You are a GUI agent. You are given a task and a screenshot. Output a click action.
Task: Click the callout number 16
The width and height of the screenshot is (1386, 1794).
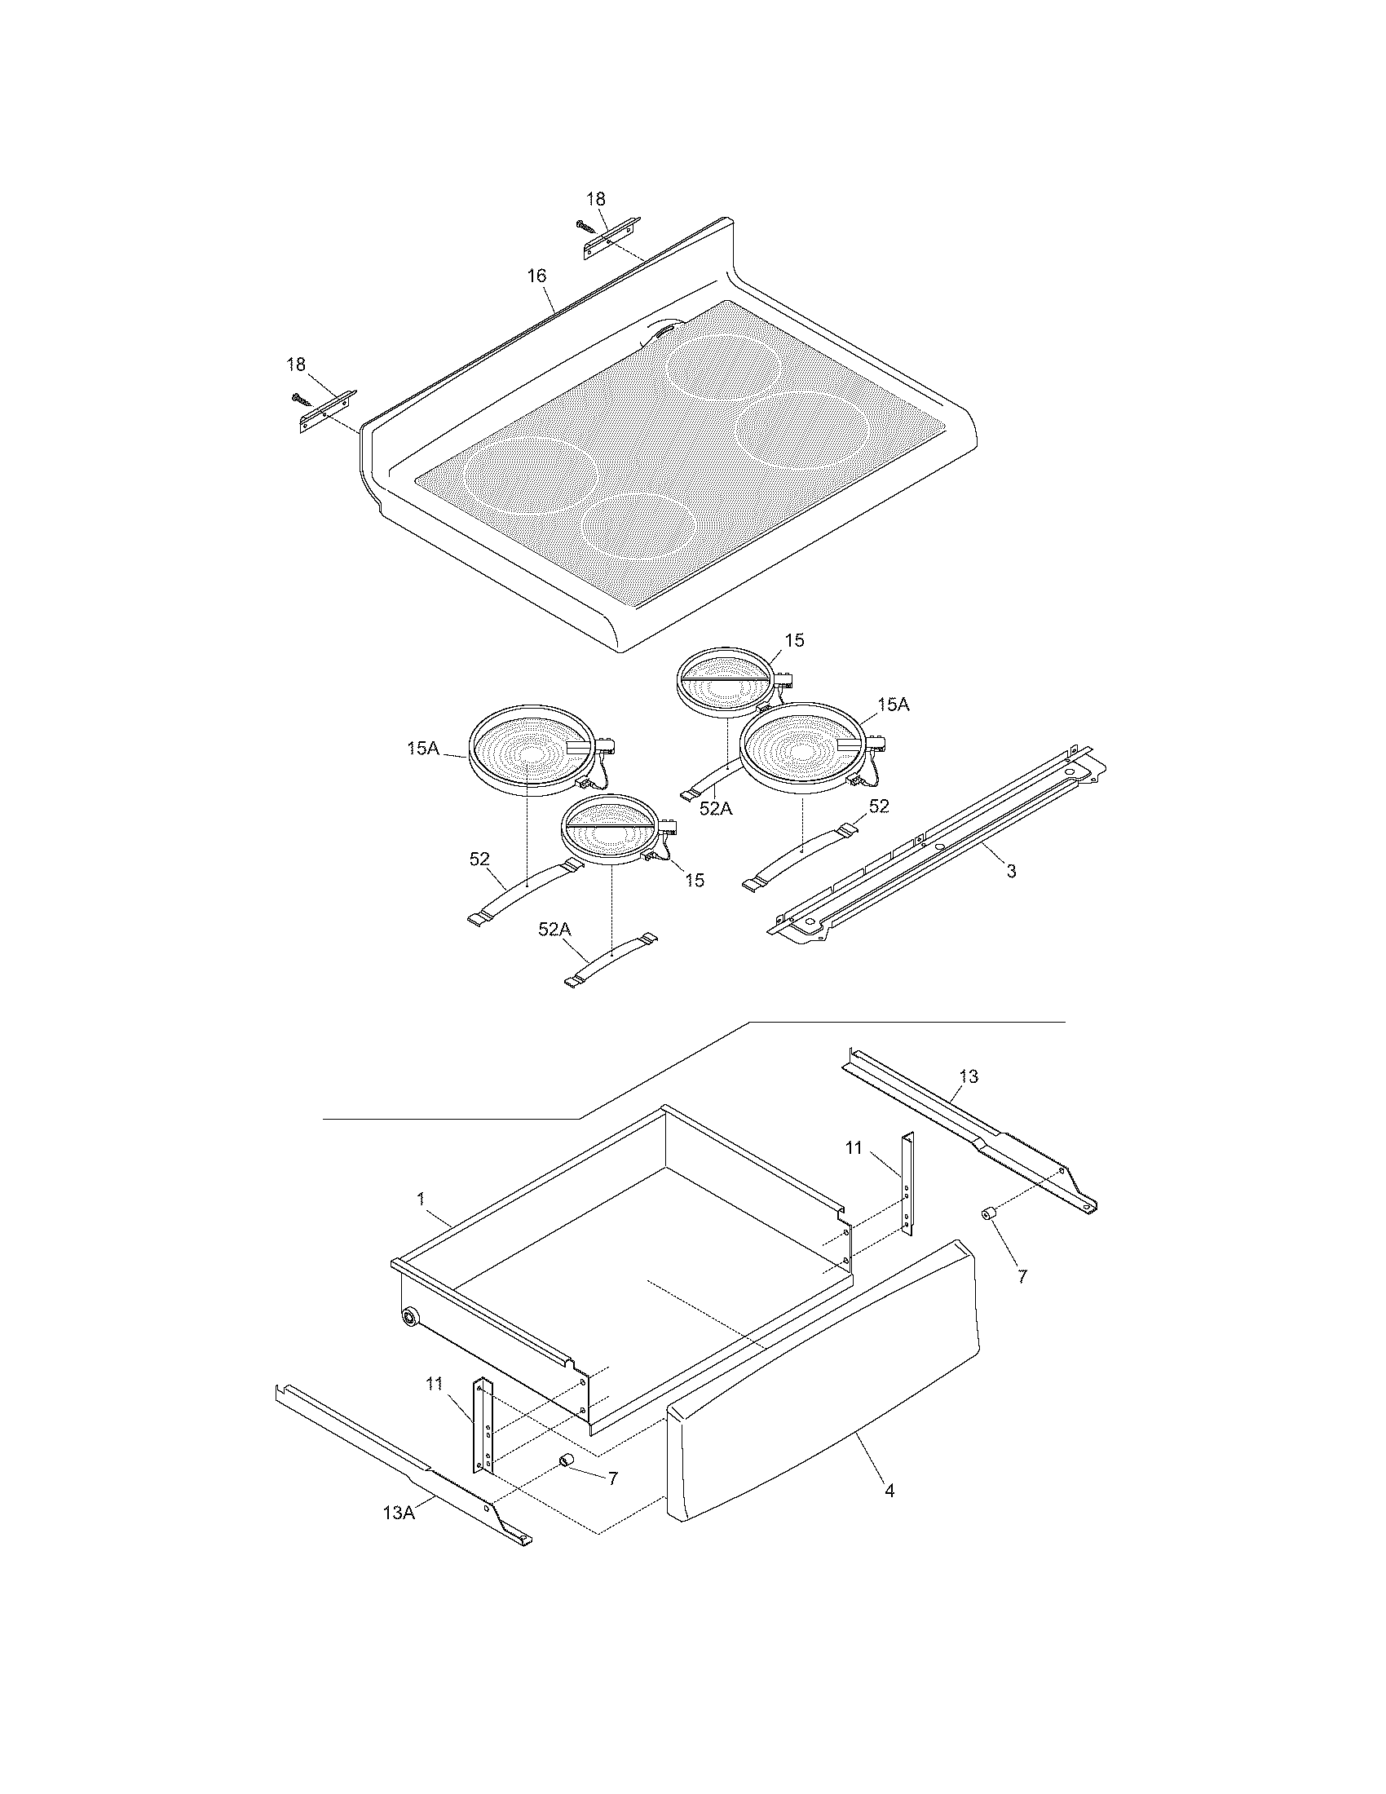click(x=536, y=276)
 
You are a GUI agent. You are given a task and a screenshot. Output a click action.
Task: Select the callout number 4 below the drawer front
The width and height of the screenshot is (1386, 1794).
click(x=889, y=1491)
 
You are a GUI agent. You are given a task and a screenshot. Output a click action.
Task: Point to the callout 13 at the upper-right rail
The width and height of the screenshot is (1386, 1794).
click(x=969, y=1076)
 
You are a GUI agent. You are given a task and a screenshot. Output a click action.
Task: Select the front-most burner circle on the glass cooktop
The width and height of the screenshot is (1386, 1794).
click(x=638, y=526)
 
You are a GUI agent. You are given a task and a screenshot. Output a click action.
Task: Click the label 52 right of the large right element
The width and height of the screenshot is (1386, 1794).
click(x=879, y=806)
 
